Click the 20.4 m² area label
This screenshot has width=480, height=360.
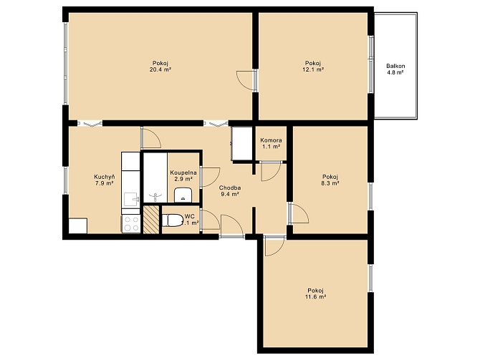pos(160,69)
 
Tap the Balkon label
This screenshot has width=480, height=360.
pos(395,66)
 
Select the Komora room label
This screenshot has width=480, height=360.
pos(271,140)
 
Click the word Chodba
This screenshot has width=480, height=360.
pos(230,188)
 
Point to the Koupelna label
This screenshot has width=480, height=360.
pos(183,172)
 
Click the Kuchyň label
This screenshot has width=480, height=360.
pos(105,177)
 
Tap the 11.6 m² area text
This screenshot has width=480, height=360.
pos(316,297)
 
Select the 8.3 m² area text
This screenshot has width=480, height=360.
pos(330,183)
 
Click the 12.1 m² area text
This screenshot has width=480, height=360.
pos(313,69)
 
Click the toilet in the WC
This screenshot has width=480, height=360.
pos(173,220)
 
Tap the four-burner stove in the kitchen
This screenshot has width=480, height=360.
pos(131,224)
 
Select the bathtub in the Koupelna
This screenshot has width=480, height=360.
pos(155,177)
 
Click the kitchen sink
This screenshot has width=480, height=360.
pos(130,199)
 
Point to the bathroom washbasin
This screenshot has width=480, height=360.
pos(183,195)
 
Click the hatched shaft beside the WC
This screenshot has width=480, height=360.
pos(151,220)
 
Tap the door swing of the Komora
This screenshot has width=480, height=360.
pos(271,171)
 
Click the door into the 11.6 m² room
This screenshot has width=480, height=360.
pos(275,245)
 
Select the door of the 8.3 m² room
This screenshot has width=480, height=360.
pos(299,213)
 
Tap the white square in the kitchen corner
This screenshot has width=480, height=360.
pos(78,225)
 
